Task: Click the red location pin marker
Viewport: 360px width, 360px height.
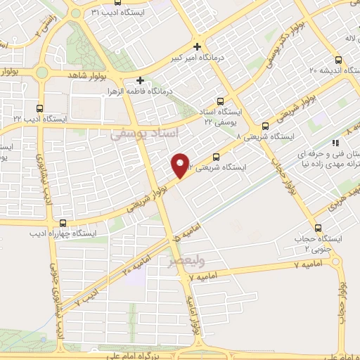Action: [x=182, y=165]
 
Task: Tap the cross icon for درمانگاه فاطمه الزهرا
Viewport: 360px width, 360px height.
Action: [x=141, y=80]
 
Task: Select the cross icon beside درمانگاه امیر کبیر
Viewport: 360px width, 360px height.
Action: [x=198, y=46]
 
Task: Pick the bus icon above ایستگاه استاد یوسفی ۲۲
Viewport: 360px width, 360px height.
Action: [x=222, y=101]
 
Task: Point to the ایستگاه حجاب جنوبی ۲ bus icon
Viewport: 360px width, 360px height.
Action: [x=319, y=228]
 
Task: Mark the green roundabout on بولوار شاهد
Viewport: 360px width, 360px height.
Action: [x=41, y=72]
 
